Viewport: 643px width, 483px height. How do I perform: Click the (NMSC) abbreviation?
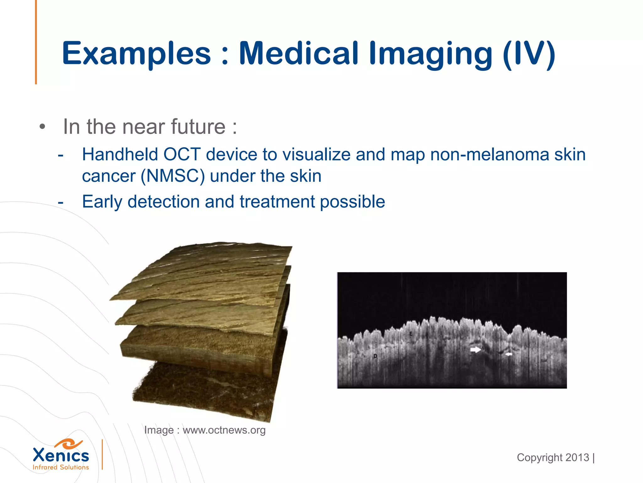coord(173,176)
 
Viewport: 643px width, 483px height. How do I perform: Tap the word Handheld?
coord(120,154)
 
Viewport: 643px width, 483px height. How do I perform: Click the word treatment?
coord(277,202)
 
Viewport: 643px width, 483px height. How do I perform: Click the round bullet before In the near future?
coord(42,127)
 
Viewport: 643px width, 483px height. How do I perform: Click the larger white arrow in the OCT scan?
coord(475,350)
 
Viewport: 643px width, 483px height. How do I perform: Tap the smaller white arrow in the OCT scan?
coord(509,354)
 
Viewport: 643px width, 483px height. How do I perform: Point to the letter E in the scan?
coord(411,334)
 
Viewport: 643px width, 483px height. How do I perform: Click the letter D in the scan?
coord(375,356)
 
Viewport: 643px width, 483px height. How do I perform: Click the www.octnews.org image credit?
coord(224,430)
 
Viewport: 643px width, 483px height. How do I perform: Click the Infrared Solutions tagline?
coord(61,468)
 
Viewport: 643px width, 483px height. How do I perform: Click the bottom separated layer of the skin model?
coord(204,393)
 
